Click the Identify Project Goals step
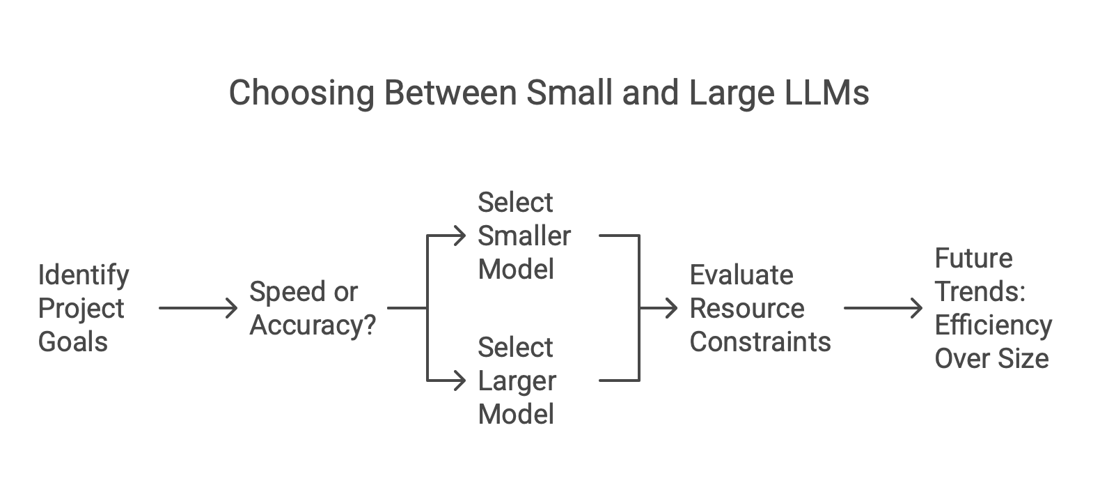(x=84, y=308)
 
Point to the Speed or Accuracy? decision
(x=313, y=308)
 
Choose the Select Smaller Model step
(x=524, y=236)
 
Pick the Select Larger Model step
(x=517, y=381)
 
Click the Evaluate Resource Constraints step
(x=760, y=308)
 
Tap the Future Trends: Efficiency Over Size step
(x=993, y=308)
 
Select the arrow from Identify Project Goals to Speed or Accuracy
(x=198, y=307)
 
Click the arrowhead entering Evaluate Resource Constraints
(x=672, y=307)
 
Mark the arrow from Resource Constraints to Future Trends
(x=883, y=307)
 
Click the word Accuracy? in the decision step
(x=313, y=325)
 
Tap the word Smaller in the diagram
(x=524, y=236)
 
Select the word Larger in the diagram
(x=517, y=381)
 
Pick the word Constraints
(x=760, y=342)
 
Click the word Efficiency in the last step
(x=993, y=325)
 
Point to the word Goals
(x=72, y=342)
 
